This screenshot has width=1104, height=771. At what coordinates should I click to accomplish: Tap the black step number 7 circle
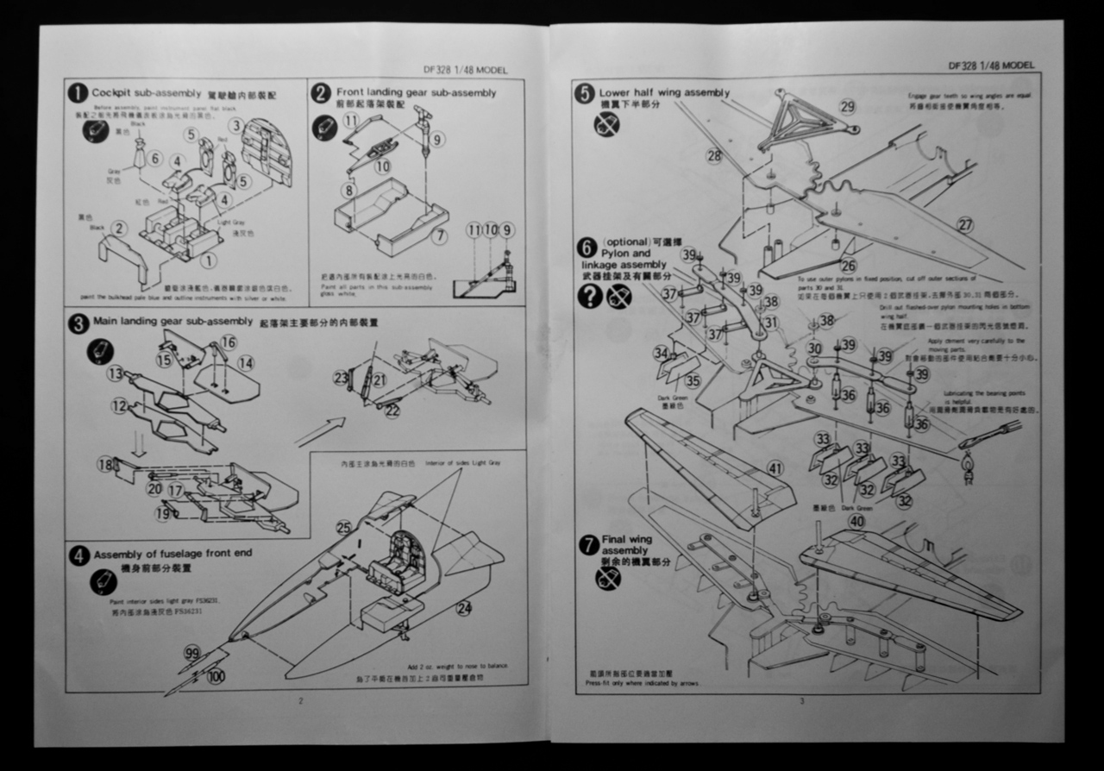pos(588,545)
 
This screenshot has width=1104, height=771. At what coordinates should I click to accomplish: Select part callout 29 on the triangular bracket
pos(847,107)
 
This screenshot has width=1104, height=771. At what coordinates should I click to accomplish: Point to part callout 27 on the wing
pos(965,225)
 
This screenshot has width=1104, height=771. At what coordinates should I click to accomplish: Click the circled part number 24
pos(464,609)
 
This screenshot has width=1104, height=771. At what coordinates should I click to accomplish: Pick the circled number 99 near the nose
pos(191,654)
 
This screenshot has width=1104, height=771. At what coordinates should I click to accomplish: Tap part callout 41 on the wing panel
pos(775,468)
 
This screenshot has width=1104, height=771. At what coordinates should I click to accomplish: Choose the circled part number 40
pos(856,521)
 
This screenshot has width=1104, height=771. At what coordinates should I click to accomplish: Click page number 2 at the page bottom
pos(300,700)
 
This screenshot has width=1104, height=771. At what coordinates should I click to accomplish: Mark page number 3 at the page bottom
pos(801,700)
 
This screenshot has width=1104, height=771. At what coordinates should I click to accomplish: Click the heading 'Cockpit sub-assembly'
pos(147,92)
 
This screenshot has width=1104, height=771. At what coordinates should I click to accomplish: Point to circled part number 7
pos(440,236)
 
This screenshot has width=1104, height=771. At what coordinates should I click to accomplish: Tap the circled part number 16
pos(228,342)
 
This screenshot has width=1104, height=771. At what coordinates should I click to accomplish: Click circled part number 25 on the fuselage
pos(343,528)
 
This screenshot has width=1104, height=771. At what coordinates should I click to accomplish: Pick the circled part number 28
pos(713,155)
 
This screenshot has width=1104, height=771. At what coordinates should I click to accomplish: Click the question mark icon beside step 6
pos(590,297)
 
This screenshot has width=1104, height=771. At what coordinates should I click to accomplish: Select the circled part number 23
pos(342,377)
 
